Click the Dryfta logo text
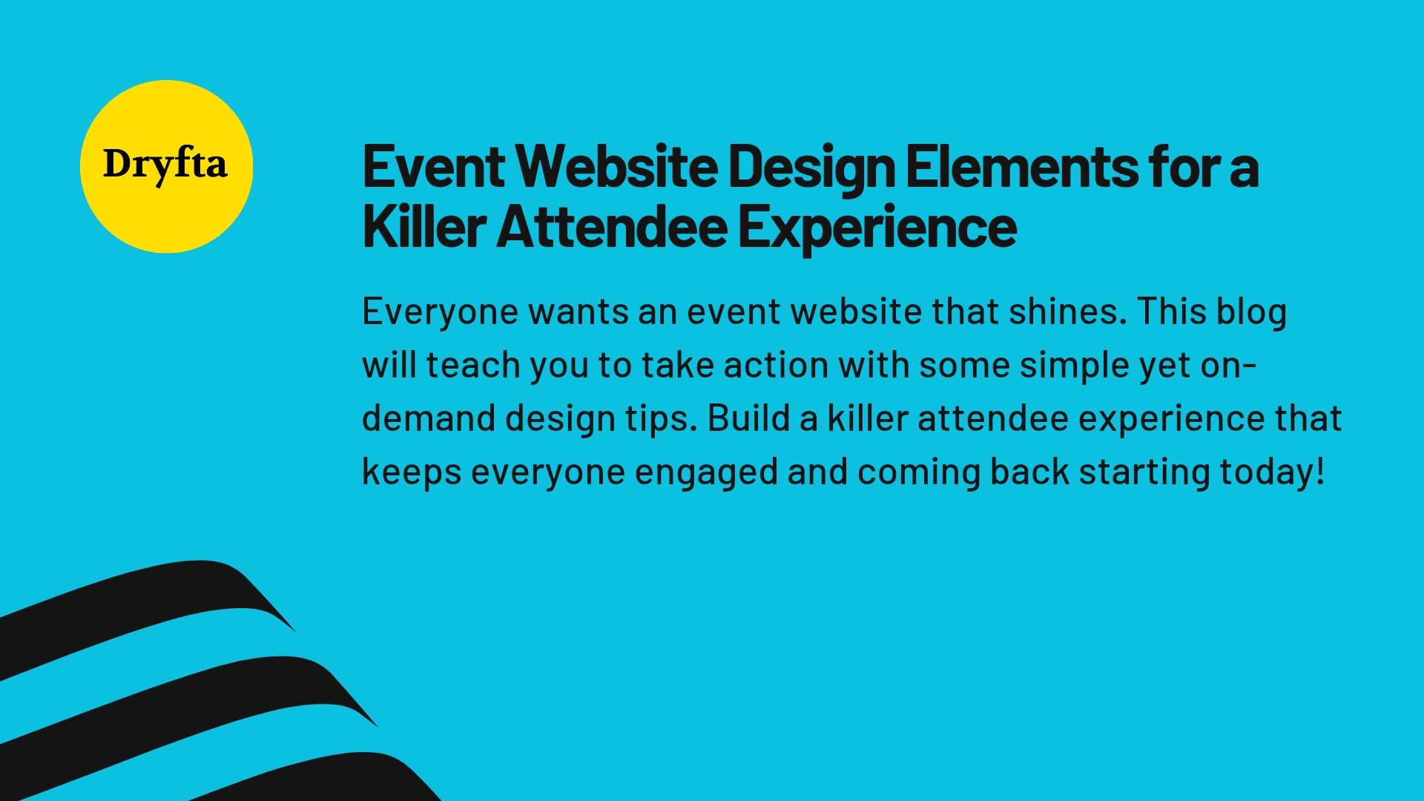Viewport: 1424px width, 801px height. click(165, 165)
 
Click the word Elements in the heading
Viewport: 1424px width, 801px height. click(1021, 168)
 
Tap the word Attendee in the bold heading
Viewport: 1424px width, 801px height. click(612, 228)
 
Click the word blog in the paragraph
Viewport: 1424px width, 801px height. click(1251, 311)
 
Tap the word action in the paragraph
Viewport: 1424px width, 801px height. click(776, 365)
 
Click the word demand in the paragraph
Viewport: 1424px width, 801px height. click(429, 418)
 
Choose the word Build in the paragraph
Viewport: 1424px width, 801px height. click(748, 418)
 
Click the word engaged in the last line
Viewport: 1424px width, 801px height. click(706, 473)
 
